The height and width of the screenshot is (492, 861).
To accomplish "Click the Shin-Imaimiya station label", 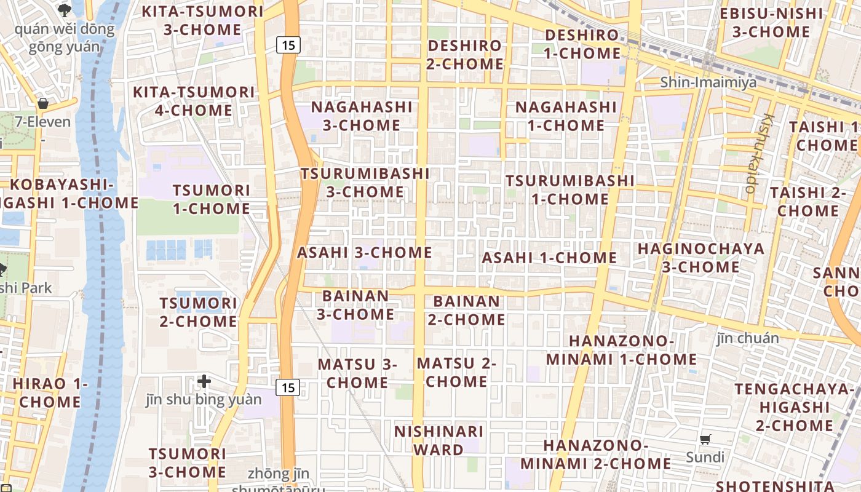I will tap(708, 82).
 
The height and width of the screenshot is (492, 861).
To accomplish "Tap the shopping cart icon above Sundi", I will tap(705, 439).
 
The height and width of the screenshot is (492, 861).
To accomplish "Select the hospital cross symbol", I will tap(204, 382).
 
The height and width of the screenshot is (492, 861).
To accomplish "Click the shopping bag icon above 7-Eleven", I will tap(43, 103).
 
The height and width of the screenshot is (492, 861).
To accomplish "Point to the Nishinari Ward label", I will tap(438, 440).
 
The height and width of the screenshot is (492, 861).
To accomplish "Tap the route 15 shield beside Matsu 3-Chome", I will tap(288, 387).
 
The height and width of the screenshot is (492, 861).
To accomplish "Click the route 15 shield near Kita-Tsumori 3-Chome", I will tap(288, 44).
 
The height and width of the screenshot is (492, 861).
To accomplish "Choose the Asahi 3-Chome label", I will tap(365, 253).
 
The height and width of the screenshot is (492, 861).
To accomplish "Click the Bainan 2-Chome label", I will tap(467, 311).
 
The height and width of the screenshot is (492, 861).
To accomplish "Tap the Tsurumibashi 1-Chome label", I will tap(570, 190).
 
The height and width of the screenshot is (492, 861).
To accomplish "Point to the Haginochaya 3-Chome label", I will tap(701, 258).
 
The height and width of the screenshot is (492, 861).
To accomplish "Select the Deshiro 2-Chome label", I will tap(465, 55).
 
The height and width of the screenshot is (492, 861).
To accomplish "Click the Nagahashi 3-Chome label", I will tap(362, 116).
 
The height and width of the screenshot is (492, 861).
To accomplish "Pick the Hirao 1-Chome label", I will tap(50, 393).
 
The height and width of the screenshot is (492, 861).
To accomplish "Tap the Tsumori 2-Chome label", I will tap(198, 312).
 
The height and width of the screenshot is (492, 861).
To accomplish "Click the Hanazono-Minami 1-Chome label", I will tap(622, 350).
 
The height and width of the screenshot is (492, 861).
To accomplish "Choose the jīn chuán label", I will tap(747, 338).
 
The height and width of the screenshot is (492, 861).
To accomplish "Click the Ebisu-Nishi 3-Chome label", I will tap(771, 23).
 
